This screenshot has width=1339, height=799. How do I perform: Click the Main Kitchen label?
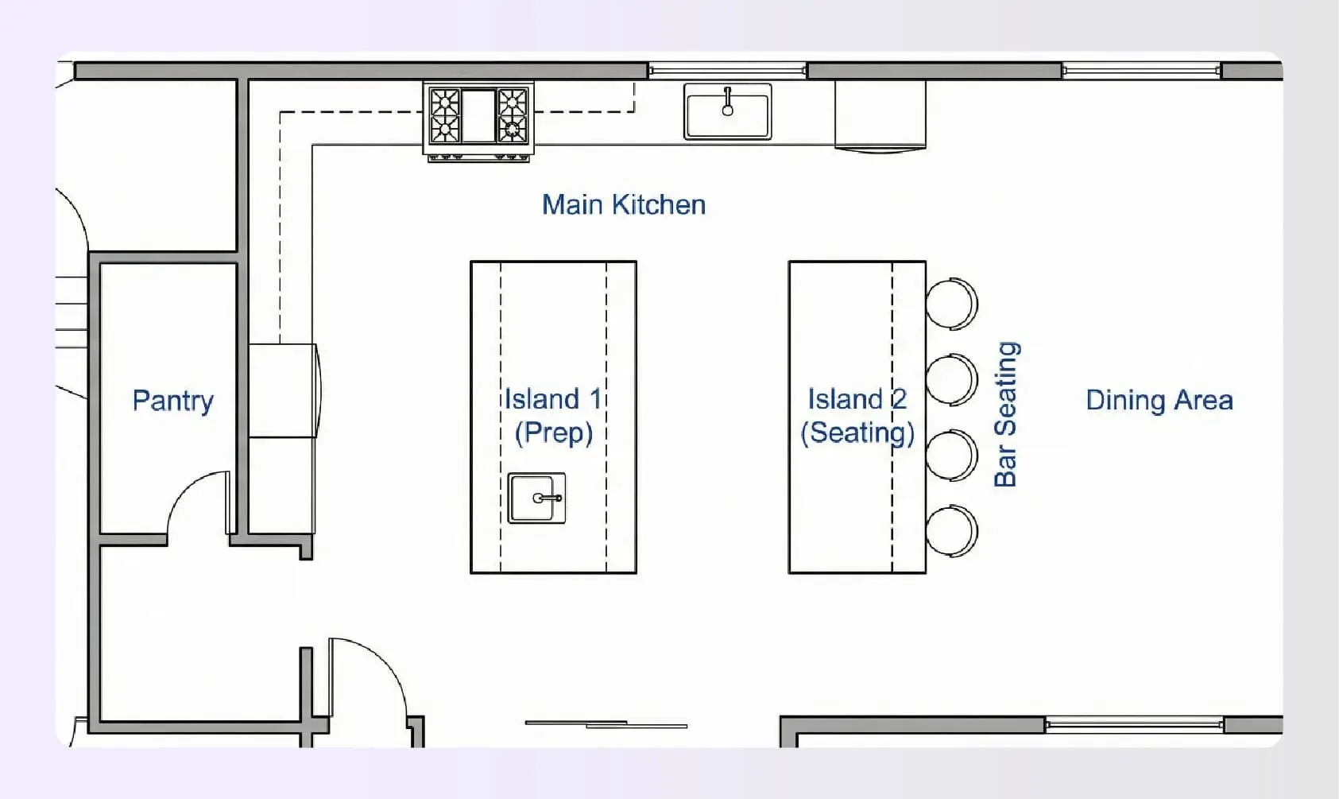click(x=624, y=205)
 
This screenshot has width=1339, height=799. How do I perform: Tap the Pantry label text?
click(x=172, y=401)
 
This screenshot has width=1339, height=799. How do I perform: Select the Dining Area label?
click(x=1159, y=400)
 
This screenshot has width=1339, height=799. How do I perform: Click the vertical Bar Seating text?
click(x=1006, y=413)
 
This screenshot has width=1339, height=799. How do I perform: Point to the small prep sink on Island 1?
click(x=536, y=498)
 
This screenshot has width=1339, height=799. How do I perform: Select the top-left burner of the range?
click(x=444, y=101)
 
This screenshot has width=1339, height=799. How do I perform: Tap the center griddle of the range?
click(x=478, y=116)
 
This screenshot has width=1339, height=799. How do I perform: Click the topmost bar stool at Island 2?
click(x=951, y=303)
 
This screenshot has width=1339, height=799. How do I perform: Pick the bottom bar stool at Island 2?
click(x=951, y=530)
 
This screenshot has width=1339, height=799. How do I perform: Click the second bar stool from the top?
click(x=951, y=379)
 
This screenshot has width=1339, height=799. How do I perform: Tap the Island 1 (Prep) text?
click(x=553, y=415)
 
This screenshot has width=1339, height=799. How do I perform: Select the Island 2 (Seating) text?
click(x=857, y=415)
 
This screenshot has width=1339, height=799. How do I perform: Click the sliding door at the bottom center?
click(x=606, y=724)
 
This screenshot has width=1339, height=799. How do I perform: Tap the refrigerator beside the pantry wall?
click(x=283, y=390)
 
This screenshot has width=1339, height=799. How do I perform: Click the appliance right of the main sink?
click(x=880, y=115)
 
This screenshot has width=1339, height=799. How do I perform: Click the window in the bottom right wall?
click(x=1133, y=723)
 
